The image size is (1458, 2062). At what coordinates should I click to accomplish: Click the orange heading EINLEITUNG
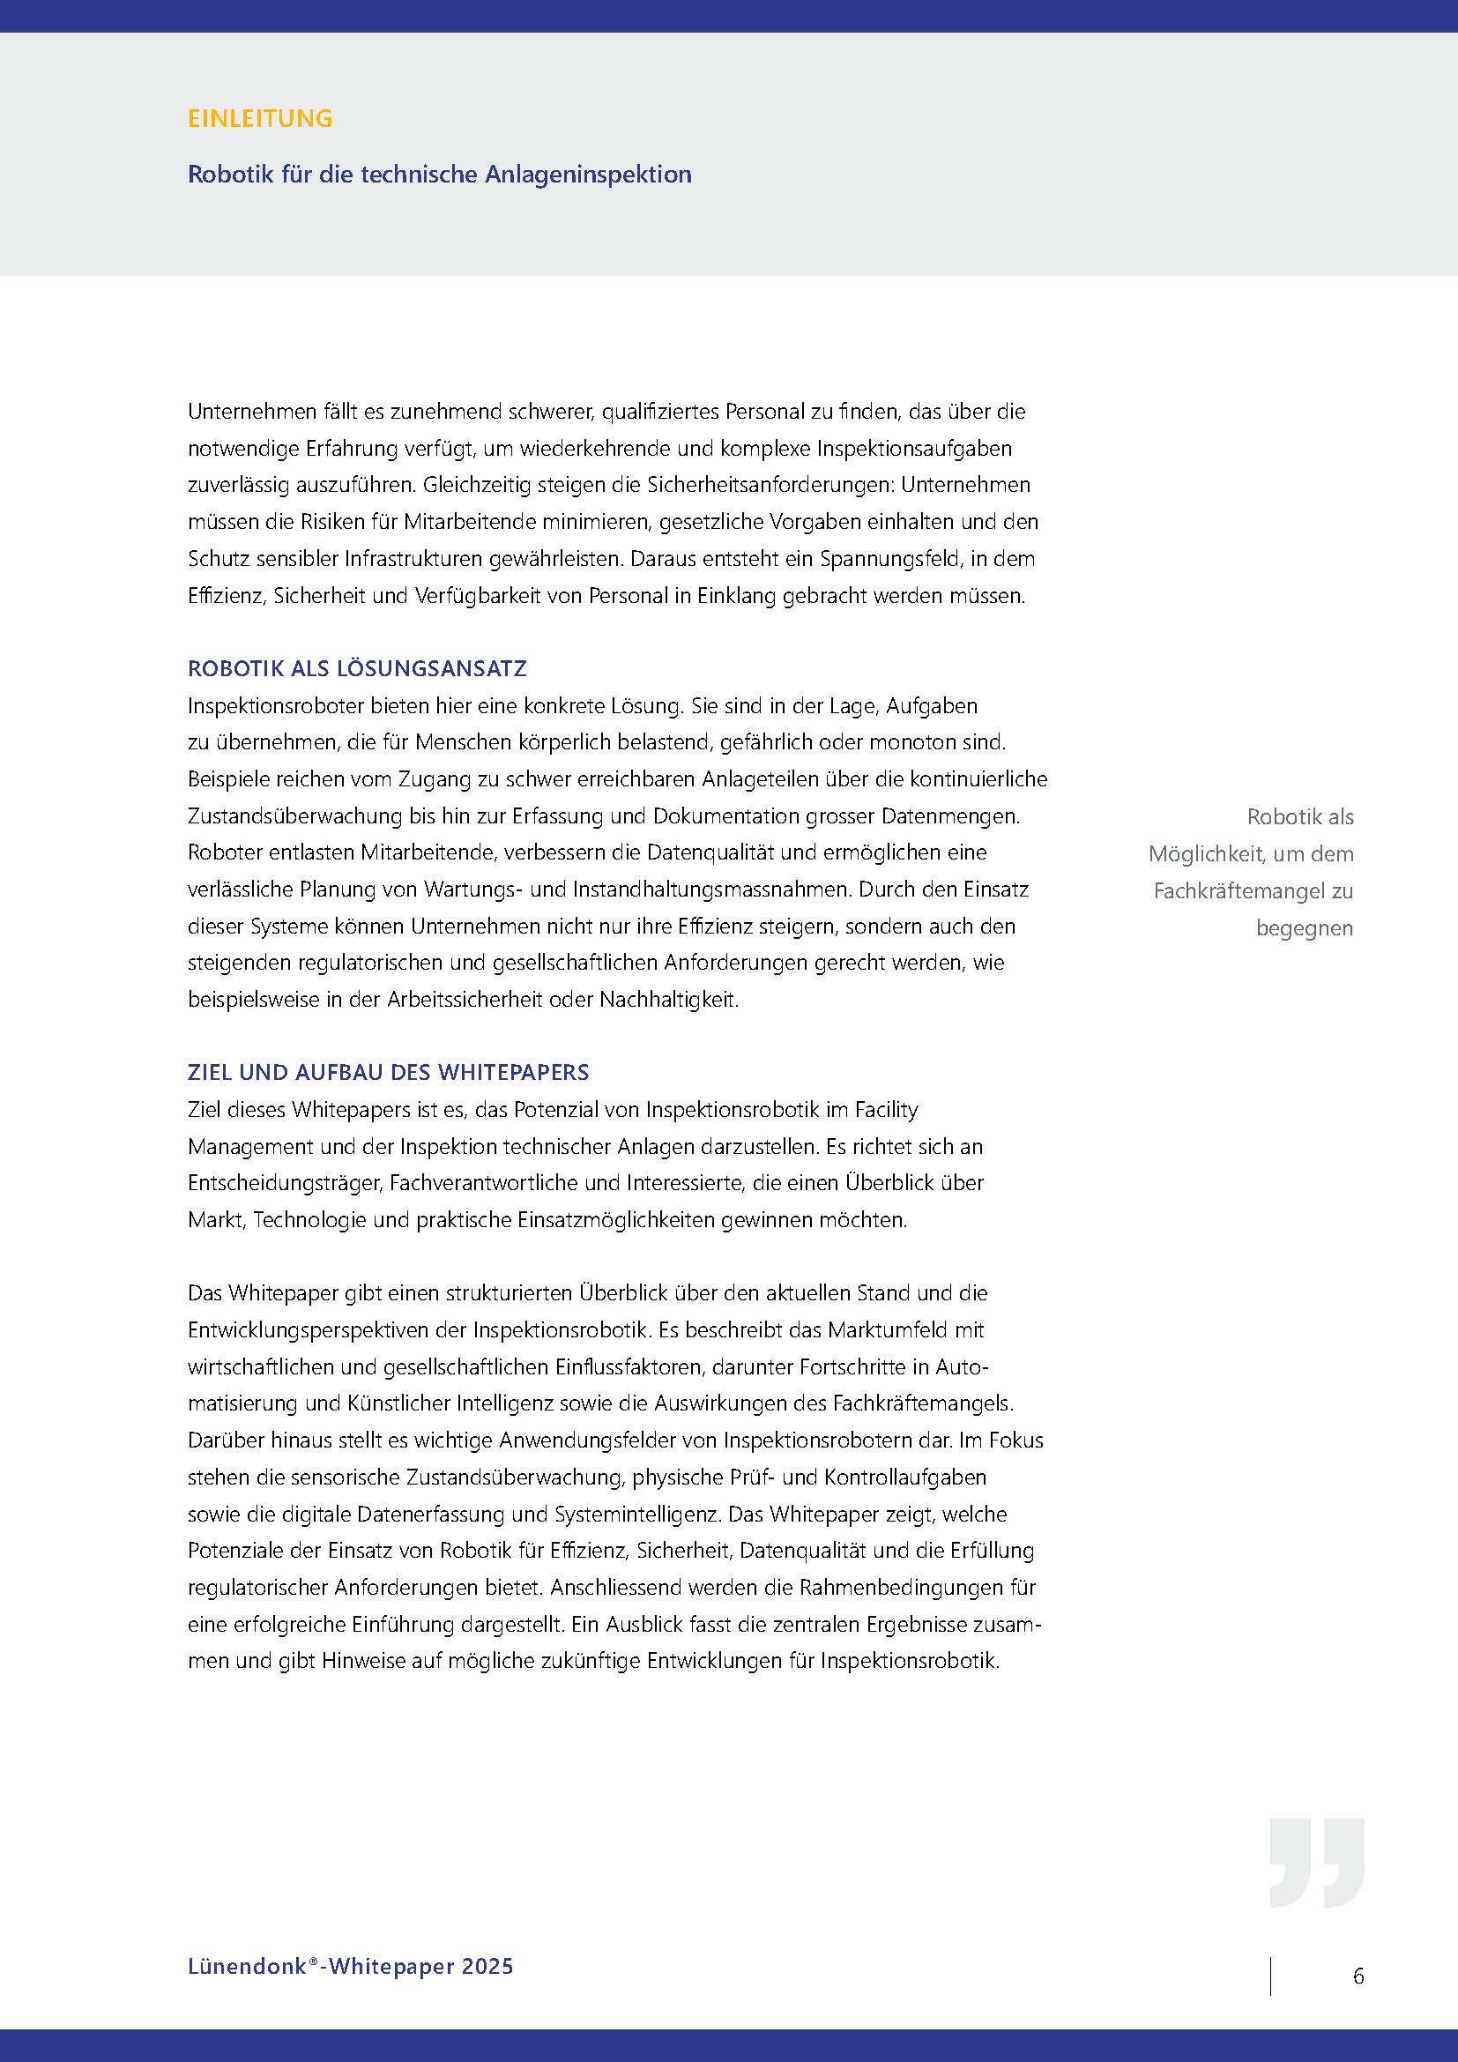(x=259, y=118)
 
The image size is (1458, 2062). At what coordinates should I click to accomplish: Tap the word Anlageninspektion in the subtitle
(x=588, y=175)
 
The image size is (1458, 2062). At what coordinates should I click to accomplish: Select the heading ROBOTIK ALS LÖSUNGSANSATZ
(x=356, y=668)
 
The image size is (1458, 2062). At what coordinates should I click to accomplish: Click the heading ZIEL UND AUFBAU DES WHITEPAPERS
(x=388, y=1072)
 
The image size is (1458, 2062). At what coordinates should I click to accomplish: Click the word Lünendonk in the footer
(x=247, y=1966)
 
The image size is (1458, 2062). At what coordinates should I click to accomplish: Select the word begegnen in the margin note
(x=1304, y=928)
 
